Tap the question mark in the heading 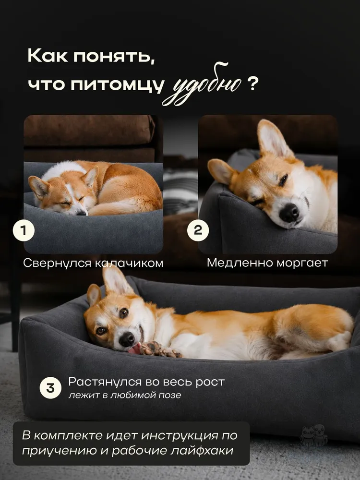(x=252, y=84)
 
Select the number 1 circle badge (x=24, y=230)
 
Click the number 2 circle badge (x=198, y=230)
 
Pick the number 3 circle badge (x=50, y=388)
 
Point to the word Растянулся (x=105, y=382)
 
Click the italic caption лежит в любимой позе (x=125, y=395)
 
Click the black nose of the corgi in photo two (x=288, y=213)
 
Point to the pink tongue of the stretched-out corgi (x=134, y=348)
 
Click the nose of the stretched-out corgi (x=126, y=339)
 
